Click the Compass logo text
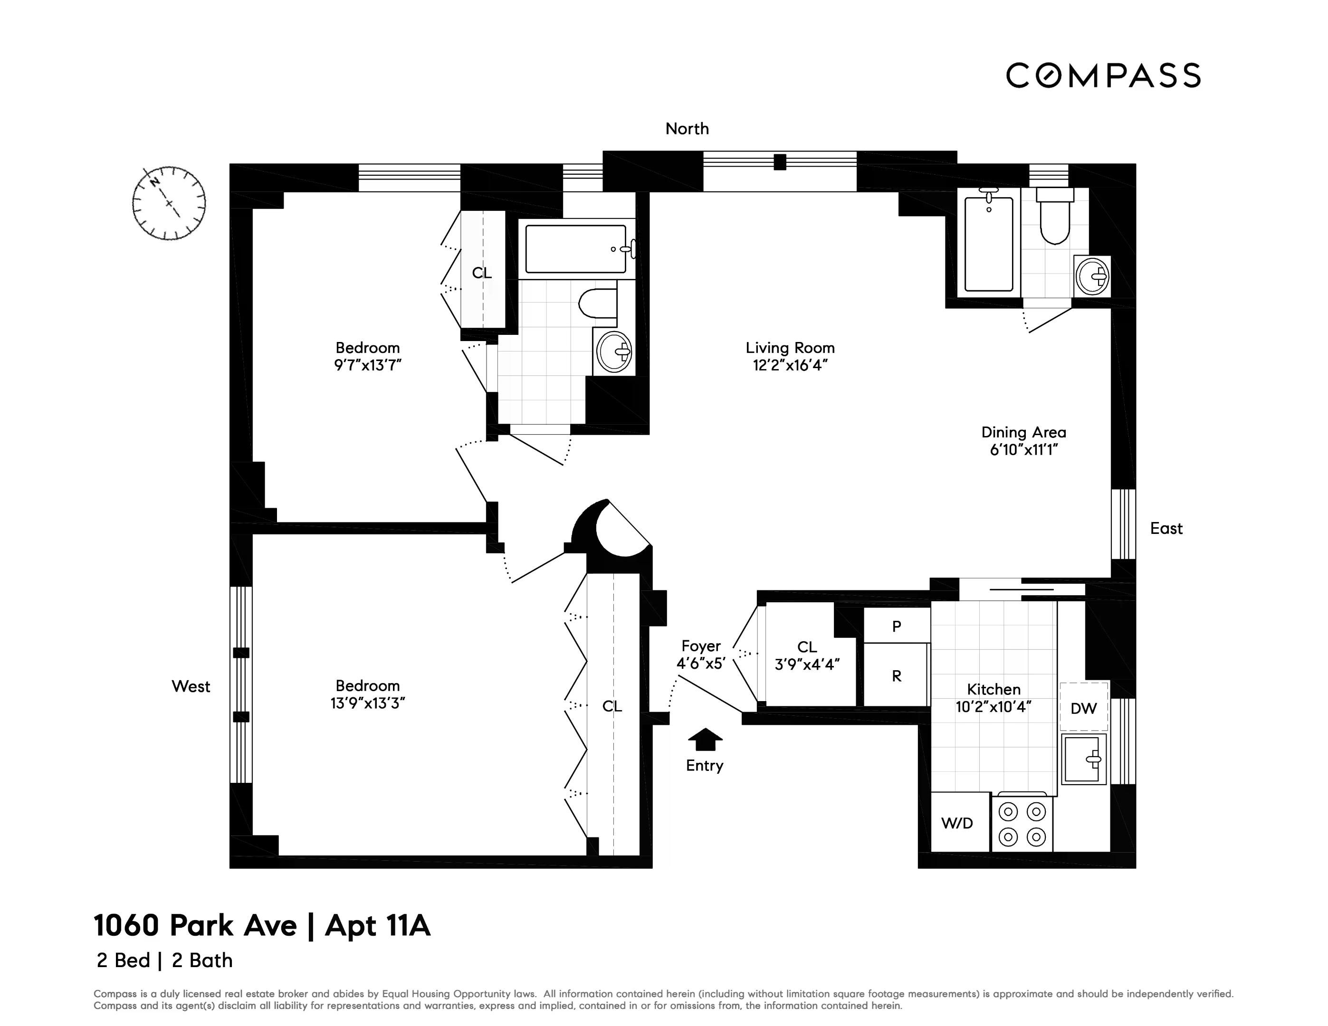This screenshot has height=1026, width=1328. (1102, 76)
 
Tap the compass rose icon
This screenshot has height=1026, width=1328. (168, 202)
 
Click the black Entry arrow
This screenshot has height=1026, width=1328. (705, 739)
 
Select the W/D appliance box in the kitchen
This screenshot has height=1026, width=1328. (959, 822)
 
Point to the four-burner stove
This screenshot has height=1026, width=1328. (1022, 824)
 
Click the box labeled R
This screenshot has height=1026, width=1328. (896, 676)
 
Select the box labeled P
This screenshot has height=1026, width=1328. (896, 626)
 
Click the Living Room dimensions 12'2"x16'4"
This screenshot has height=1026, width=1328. (790, 365)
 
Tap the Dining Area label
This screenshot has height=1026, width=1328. (1023, 432)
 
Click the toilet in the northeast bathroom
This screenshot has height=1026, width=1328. (1054, 219)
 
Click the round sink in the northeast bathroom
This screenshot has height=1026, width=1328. (1092, 276)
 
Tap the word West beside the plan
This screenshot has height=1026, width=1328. (191, 686)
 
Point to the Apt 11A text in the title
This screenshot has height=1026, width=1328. (378, 926)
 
